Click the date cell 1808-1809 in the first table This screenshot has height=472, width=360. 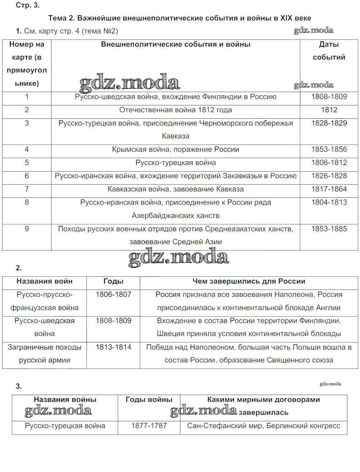point(329,97)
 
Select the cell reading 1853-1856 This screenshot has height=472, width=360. point(329,149)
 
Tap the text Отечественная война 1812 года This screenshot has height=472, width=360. point(175,110)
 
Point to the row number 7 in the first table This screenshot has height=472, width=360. point(27,189)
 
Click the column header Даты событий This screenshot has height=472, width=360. point(329,51)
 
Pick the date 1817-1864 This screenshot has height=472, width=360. point(329,189)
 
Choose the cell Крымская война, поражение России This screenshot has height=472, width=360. point(175,150)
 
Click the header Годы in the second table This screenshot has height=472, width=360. point(113,281)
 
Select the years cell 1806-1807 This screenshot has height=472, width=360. point(113,295)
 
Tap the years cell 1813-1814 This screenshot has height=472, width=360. point(113,348)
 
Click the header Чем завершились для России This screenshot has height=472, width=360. point(249,281)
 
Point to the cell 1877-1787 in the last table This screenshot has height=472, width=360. point(149,426)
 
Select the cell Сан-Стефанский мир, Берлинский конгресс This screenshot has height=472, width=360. point(264,426)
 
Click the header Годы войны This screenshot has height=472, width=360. point(149,400)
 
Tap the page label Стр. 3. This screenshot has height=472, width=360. point(28,5)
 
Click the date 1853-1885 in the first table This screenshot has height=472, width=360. point(329,229)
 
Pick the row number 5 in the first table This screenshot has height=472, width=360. point(27,163)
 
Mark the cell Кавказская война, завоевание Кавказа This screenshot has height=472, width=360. point(175,189)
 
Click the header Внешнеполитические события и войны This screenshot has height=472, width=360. point(175,45)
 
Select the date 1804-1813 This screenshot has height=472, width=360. point(329,203)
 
